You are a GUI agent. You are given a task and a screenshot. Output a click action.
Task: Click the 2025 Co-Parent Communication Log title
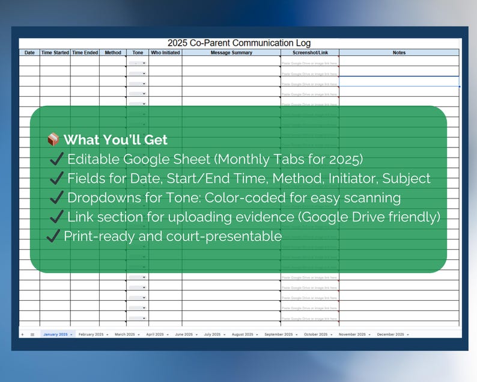coord(239,43)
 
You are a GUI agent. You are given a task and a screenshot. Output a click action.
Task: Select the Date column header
coord(29,53)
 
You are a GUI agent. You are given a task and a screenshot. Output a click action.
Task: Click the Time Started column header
coord(55,53)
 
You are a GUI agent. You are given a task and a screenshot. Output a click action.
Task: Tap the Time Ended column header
coord(85,53)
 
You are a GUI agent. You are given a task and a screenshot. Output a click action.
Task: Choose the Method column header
coord(113,53)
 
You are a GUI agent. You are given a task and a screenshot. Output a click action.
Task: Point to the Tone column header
coord(138,53)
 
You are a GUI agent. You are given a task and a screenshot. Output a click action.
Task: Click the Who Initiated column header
coord(165,53)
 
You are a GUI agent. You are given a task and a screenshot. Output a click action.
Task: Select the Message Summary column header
coord(231,53)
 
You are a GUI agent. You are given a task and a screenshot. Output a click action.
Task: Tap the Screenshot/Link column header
coord(309,53)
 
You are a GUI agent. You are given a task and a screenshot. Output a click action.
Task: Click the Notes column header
coord(399,53)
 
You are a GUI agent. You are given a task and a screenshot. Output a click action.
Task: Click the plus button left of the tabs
coord(23,334)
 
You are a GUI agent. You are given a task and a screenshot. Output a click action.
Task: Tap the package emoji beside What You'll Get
coord(53,140)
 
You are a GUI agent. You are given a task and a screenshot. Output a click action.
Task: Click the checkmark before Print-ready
coord(53,236)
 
